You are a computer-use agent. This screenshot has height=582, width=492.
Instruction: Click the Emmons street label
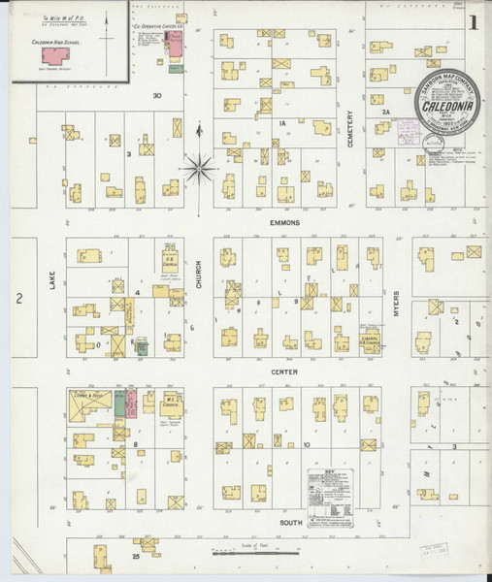(286, 222)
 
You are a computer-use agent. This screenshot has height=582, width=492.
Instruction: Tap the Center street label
(284, 372)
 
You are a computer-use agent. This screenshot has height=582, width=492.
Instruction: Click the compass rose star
(201, 168)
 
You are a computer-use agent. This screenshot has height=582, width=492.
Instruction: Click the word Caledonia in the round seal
(452, 100)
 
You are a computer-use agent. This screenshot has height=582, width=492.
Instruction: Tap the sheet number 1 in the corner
(473, 21)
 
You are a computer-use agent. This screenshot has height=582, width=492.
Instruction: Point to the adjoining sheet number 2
(18, 300)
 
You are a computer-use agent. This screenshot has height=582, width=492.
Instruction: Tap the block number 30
(157, 96)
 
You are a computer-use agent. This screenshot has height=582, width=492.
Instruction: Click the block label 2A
(385, 113)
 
